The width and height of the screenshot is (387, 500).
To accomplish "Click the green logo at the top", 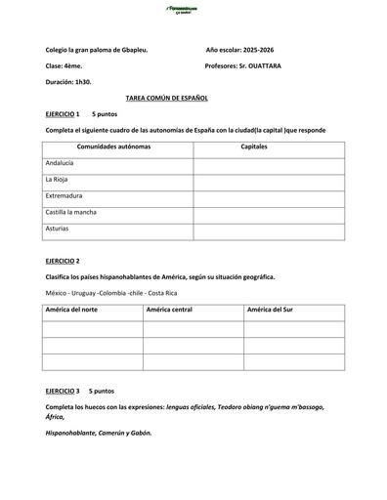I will (193, 10).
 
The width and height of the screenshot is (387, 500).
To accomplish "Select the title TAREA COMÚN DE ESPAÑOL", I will (167, 99).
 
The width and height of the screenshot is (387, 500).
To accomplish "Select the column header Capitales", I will (253, 146).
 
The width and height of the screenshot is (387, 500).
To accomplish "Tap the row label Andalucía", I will (60, 163).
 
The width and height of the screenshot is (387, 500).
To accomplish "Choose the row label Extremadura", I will (64, 195).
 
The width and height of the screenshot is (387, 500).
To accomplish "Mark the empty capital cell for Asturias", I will (269, 229).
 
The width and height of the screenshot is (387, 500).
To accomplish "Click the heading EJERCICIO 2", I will (63, 261).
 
